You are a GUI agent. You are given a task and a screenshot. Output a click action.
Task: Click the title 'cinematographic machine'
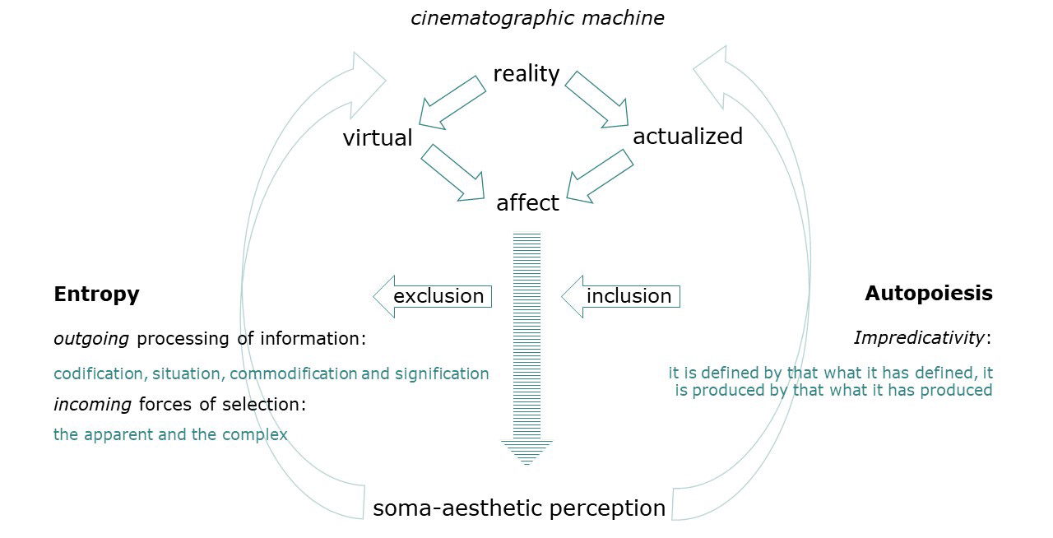537,18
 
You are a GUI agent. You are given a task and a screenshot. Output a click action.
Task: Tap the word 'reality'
526,74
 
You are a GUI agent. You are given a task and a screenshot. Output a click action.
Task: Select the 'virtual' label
378,137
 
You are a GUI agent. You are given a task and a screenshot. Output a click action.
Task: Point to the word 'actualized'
688,136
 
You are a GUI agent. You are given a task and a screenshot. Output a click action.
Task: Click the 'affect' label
527,202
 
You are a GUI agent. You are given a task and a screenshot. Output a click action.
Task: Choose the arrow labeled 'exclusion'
433,296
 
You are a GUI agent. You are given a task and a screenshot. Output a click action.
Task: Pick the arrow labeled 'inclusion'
621,296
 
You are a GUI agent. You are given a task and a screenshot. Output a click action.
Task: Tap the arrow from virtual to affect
453,173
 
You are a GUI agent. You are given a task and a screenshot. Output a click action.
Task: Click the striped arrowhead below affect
527,452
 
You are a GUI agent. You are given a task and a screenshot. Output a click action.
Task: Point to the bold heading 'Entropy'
96,294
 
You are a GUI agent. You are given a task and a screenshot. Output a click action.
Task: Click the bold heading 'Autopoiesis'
929,293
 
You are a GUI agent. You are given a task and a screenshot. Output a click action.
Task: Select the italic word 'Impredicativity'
919,337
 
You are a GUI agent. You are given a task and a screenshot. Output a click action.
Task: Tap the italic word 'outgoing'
92,338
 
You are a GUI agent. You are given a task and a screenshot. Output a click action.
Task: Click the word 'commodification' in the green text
294,373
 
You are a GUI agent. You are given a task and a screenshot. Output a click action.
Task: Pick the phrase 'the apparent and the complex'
170,434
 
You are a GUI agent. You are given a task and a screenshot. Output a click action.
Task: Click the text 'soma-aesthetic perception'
519,508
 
